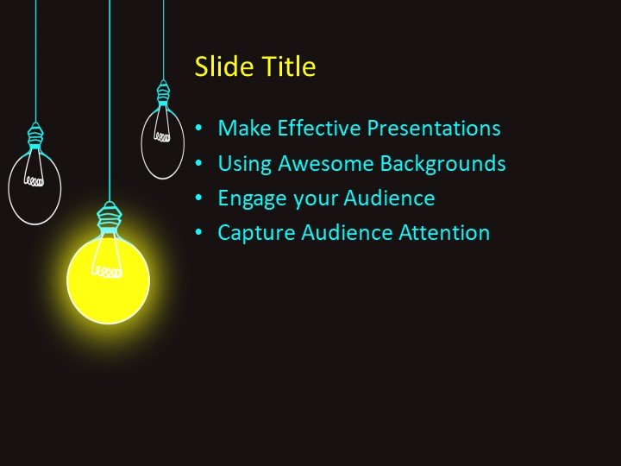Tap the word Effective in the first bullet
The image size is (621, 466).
320,129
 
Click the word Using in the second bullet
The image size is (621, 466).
241,164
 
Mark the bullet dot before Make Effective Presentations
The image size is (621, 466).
200,129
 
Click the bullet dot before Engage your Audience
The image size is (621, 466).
200,198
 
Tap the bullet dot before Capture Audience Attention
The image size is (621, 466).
200,233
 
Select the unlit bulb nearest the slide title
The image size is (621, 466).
162,142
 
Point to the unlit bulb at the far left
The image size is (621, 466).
34,186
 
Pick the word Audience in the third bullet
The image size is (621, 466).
389,198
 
